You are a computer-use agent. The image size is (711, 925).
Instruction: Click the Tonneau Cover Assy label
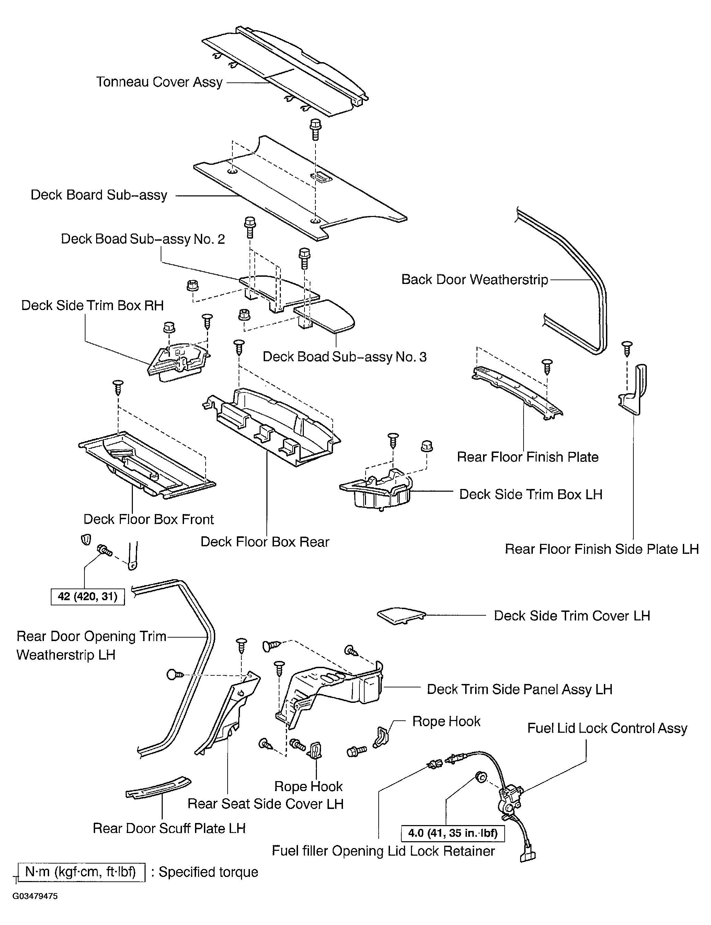tap(160, 82)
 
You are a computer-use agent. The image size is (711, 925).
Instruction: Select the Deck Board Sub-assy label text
tap(99, 195)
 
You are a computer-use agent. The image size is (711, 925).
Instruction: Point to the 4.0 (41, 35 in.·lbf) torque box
tap(452, 833)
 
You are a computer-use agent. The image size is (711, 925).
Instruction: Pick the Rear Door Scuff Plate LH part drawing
tap(158, 787)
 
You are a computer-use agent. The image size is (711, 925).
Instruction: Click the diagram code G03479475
tap(35, 896)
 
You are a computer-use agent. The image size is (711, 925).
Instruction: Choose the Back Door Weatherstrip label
tap(474, 280)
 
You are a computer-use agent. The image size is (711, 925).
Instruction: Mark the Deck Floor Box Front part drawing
tap(147, 465)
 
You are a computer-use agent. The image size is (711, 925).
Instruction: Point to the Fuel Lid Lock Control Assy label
tap(607, 728)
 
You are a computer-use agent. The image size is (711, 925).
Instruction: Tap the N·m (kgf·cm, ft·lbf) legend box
tap(82, 872)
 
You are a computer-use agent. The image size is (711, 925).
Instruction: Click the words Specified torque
tap(208, 872)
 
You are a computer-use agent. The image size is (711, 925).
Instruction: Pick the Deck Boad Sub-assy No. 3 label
tap(344, 357)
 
